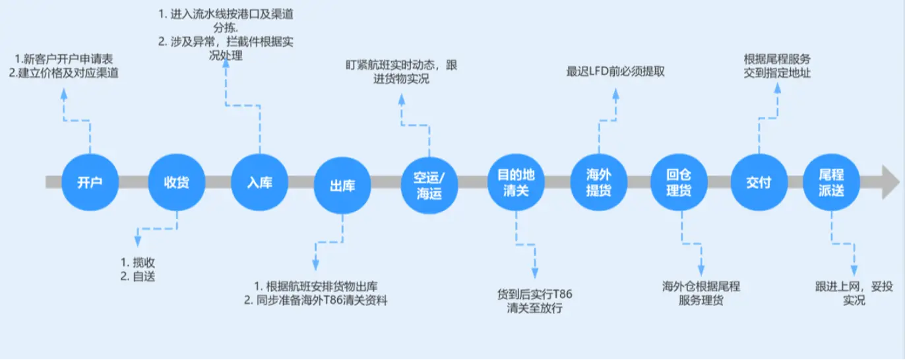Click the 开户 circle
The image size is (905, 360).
tap(88, 183)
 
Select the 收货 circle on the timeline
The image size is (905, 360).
tap(176, 183)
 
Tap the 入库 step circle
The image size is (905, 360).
tap(259, 183)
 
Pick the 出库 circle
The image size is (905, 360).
tap(342, 186)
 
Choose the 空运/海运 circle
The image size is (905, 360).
tap(429, 186)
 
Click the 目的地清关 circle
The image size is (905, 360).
tap(516, 183)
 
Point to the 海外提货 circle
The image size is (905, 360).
tap(598, 183)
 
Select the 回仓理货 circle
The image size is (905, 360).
tap(679, 183)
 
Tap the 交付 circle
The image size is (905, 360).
tap(759, 183)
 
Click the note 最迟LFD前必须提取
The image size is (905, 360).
tap(615, 71)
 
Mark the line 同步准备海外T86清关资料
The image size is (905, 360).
tap(322, 301)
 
